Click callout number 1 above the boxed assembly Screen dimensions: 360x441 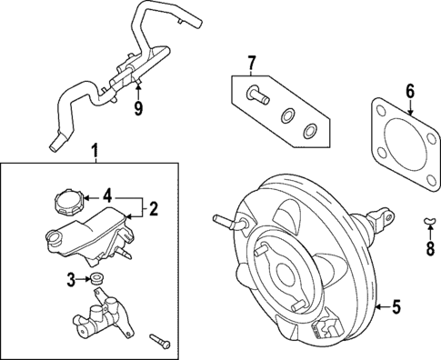click(x=95, y=149)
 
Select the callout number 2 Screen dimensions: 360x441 click(x=154, y=209)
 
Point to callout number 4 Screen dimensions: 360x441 click(x=107, y=195)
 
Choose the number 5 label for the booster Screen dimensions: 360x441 click(x=396, y=306)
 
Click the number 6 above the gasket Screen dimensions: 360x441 click(x=409, y=91)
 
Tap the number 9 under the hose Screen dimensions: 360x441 click(x=138, y=109)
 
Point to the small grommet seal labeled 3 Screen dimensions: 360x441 click(x=96, y=277)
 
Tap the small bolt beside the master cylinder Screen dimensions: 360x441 click(x=163, y=340)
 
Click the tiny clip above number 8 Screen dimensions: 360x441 click(x=430, y=221)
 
